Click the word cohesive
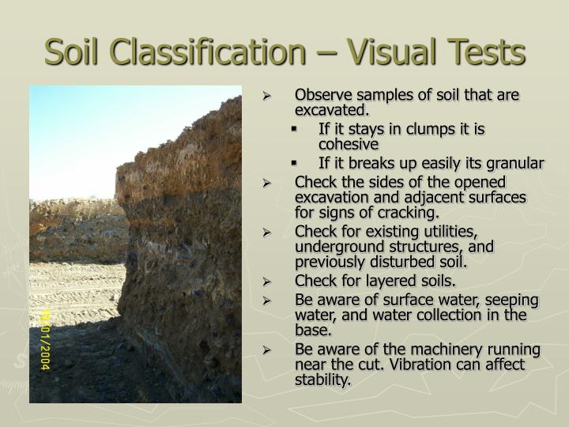pos(349,145)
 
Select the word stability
pos(322,380)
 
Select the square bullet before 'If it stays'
pos(292,129)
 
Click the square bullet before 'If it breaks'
pos(292,164)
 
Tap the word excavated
pos(331,110)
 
